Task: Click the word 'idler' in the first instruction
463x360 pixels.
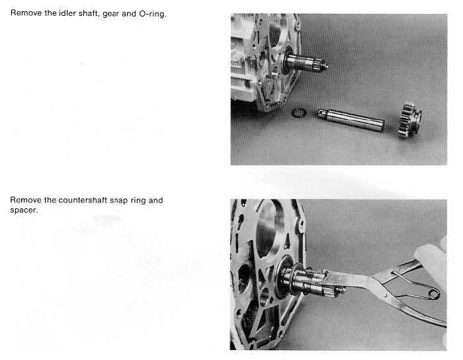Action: [x=67, y=13]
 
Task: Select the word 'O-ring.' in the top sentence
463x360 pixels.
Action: [x=153, y=14]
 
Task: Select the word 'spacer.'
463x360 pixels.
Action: [x=24, y=210]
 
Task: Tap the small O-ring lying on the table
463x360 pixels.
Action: [x=298, y=112]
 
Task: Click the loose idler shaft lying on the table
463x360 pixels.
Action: [x=351, y=120]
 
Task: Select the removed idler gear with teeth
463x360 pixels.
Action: [x=409, y=120]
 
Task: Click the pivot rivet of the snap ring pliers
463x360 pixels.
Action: [x=385, y=294]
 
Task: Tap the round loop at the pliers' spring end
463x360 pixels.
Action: [x=434, y=294]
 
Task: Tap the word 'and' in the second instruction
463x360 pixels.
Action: [x=156, y=201]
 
